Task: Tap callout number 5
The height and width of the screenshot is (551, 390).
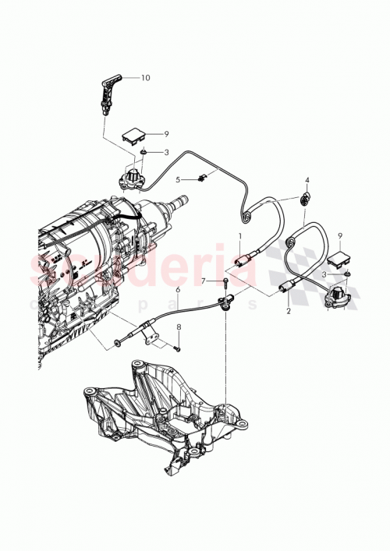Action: (x=177, y=180)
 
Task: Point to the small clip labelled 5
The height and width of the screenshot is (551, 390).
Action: (x=201, y=178)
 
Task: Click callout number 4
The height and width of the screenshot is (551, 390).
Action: (x=307, y=181)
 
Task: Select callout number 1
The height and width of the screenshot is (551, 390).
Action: (x=240, y=235)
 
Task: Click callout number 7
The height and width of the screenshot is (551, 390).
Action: (x=203, y=281)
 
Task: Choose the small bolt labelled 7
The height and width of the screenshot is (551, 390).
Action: (x=224, y=281)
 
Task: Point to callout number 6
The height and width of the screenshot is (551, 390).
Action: (x=178, y=289)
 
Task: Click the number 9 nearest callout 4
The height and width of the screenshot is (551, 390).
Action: (x=339, y=235)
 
